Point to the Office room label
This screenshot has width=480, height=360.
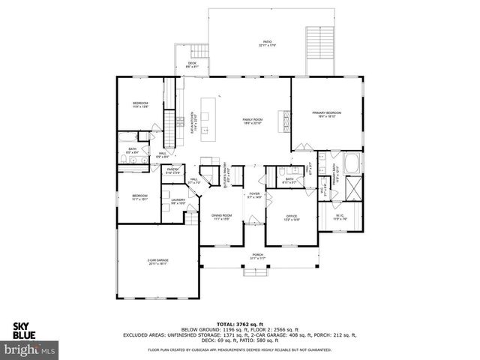pyautogui.click(x=291, y=218)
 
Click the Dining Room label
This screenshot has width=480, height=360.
pyautogui.click(x=221, y=217)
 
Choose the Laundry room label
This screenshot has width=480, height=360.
pyautogui.click(x=178, y=201)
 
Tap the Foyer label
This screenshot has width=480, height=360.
pyautogui.click(x=255, y=195)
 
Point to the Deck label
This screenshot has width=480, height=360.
pyautogui.click(x=192, y=64)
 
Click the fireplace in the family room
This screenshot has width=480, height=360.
pyautogui.click(x=283, y=119)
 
